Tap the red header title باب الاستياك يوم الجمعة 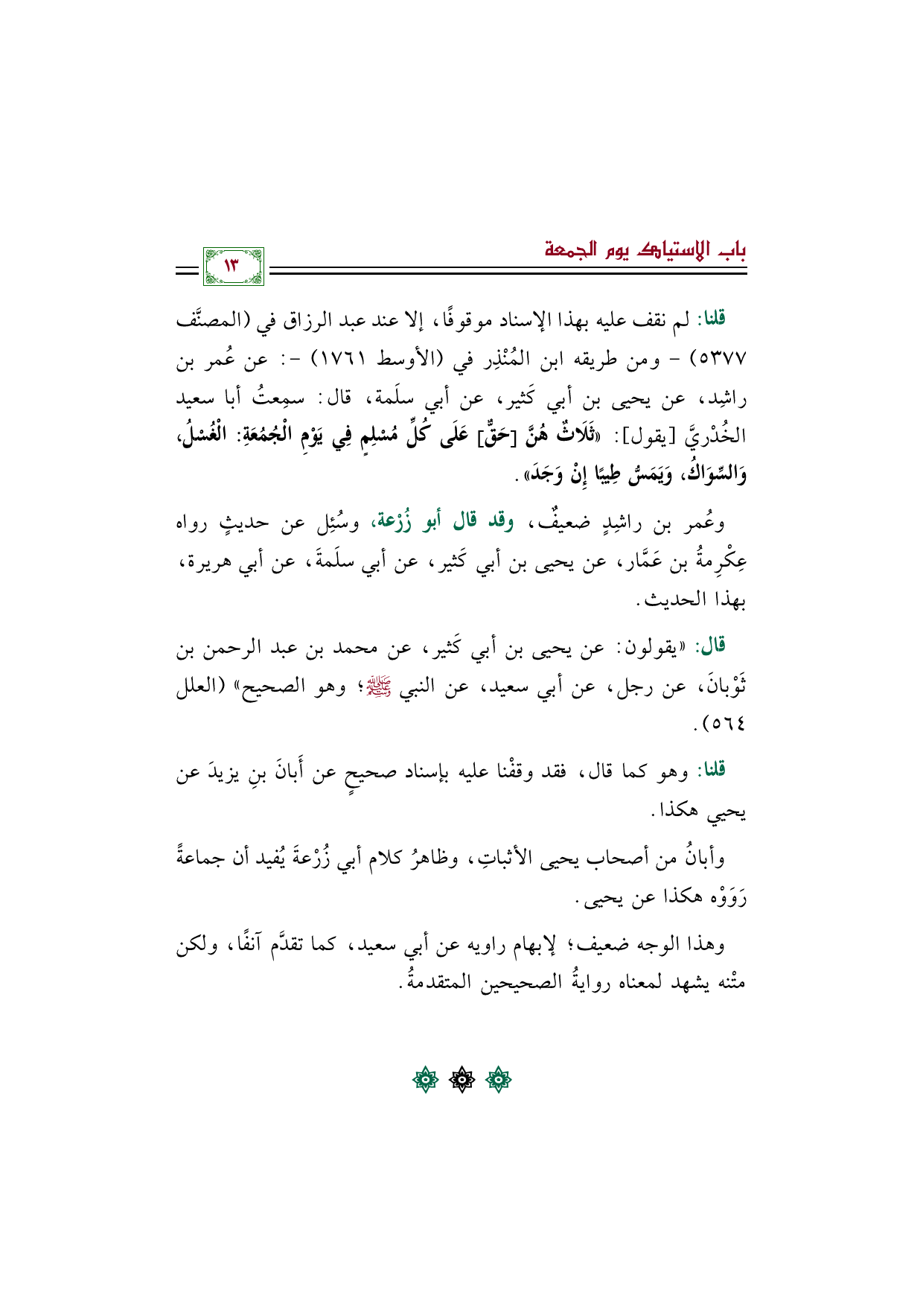(645, 249)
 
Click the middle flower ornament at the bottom (461, 1080)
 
